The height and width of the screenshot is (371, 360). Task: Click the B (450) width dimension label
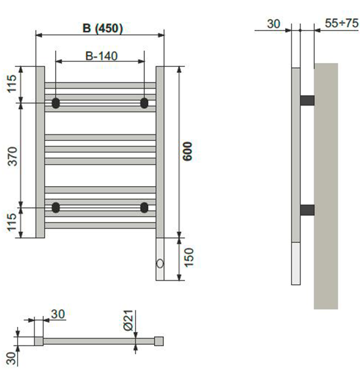(103, 28)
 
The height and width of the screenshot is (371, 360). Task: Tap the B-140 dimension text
(101, 56)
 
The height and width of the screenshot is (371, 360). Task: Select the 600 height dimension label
(188, 151)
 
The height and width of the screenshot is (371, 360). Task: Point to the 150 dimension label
(189, 258)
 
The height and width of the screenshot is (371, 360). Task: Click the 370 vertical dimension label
(12, 157)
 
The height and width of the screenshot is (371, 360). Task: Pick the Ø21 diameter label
(129, 320)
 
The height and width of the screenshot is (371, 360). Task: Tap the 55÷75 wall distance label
(342, 23)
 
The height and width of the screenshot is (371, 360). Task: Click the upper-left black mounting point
(56, 103)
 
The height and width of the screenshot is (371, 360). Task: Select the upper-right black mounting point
(144, 103)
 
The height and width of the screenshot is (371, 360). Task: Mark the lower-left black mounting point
(56, 208)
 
